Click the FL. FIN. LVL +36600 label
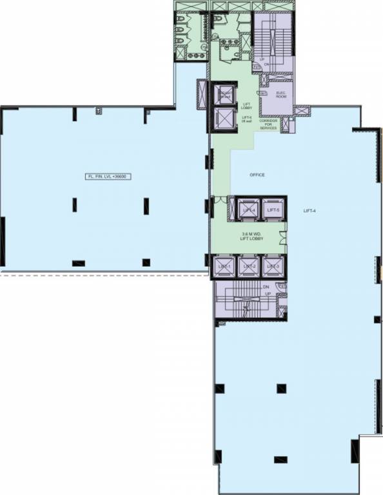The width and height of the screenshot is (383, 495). pyautogui.click(x=109, y=176)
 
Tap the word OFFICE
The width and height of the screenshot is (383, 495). pyautogui.click(x=257, y=175)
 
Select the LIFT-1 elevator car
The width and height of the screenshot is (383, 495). pyautogui.click(x=224, y=266)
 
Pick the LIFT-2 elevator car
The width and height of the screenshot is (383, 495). pyautogui.click(x=248, y=266)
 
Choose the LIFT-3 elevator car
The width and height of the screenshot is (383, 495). pyautogui.click(x=271, y=266)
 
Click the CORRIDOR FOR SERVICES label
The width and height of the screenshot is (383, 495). pyautogui.click(x=268, y=124)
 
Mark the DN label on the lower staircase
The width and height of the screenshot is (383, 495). pyautogui.click(x=265, y=288)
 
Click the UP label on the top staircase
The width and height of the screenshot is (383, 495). pyautogui.click(x=262, y=61)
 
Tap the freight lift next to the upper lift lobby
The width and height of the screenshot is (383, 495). pyautogui.click(x=224, y=95)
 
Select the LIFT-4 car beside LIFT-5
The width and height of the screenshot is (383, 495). pyautogui.click(x=249, y=210)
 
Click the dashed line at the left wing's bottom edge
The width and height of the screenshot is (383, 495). pyautogui.click(x=103, y=273)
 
